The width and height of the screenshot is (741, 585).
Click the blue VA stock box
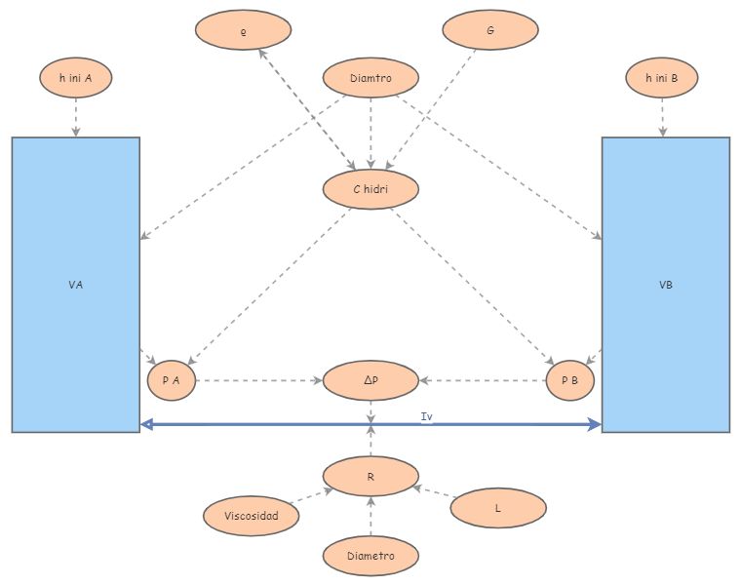[76, 284]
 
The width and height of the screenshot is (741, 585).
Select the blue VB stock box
[666, 284]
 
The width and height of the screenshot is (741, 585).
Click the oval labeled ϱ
[244, 30]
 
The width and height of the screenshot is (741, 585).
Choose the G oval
[490, 30]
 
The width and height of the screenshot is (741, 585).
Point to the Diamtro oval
[370, 78]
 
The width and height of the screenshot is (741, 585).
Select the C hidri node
[370, 189]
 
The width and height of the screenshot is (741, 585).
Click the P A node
[172, 380]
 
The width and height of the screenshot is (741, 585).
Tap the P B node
[570, 380]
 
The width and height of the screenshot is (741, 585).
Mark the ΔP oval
[370, 380]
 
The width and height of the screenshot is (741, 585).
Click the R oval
[370, 476]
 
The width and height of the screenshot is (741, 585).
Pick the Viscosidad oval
[252, 516]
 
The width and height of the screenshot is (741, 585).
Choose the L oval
[498, 508]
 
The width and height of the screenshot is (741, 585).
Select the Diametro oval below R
[370, 555]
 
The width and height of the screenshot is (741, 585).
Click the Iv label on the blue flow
[426, 416]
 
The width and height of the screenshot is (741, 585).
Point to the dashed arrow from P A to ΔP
[258, 380]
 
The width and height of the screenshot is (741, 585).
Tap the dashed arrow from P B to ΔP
[483, 380]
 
